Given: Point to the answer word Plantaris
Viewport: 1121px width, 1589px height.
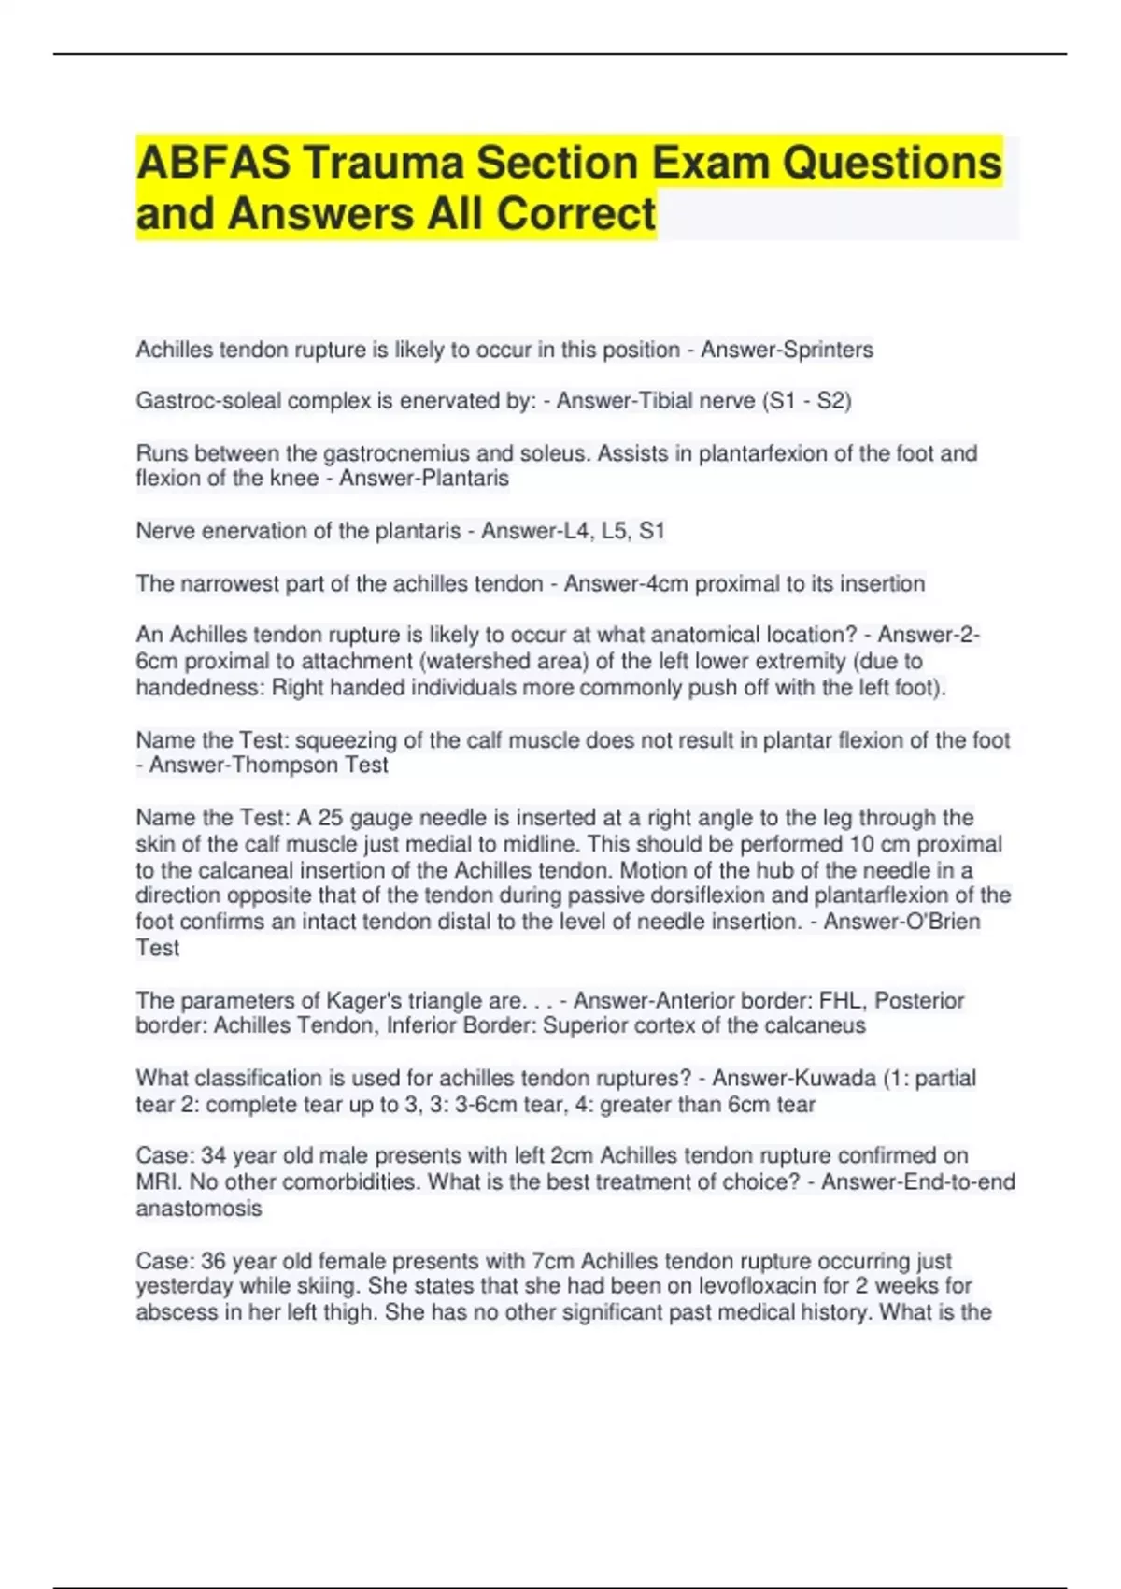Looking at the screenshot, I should (x=464, y=479).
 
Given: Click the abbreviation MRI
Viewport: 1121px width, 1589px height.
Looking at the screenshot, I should (x=157, y=1181).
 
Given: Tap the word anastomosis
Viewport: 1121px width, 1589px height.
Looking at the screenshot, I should (x=198, y=1208).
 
